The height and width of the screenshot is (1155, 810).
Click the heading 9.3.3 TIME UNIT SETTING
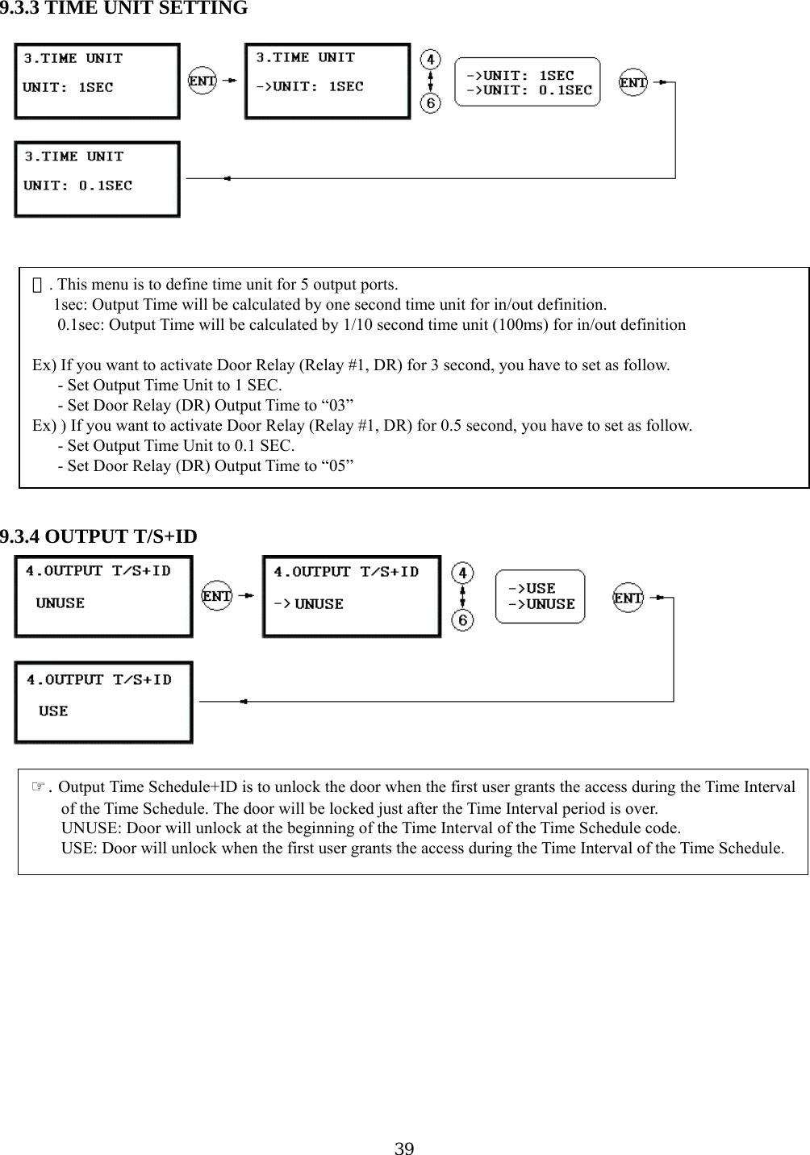pyautogui.click(x=124, y=9)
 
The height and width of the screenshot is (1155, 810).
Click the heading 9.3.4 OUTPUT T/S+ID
pyautogui.click(x=98, y=536)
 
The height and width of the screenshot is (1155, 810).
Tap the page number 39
pyautogui.click(x=404, y=1148)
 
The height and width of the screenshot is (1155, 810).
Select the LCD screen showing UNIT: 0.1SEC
pyautogui.click(x=98, y=179)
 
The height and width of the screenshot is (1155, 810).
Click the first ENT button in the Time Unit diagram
pyautogui.click(x=202, y=81)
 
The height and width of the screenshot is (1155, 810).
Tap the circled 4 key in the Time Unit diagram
pyautogui.click(x=431, y=60)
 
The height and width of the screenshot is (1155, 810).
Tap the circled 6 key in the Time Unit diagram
pyautogui.click(x=431, y=103)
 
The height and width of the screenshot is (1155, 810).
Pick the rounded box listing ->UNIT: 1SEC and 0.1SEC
pyautogui.click(x=528, y=81)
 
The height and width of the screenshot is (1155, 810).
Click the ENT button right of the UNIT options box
pyautogui.click(x=633, y=82)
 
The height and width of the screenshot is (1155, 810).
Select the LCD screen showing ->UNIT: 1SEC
pyautogui.click(x=328, y=81)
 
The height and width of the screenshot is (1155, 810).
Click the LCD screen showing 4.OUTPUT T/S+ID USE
pyautogui.click(x=104, y=702)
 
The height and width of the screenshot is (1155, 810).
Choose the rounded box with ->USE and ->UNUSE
pyautogui.click(x=540, y=597)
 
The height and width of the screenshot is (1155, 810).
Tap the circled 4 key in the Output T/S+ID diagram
pyautogui.click(x=462, y=573)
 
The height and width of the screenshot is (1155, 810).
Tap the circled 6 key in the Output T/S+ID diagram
pyautogui.click(x=462, y=620)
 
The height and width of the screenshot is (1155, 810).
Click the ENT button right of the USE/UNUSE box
pyautogui.click(x=628, y=598)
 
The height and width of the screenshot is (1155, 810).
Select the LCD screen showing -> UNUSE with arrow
pyautogui.click(x=352, y=597)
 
